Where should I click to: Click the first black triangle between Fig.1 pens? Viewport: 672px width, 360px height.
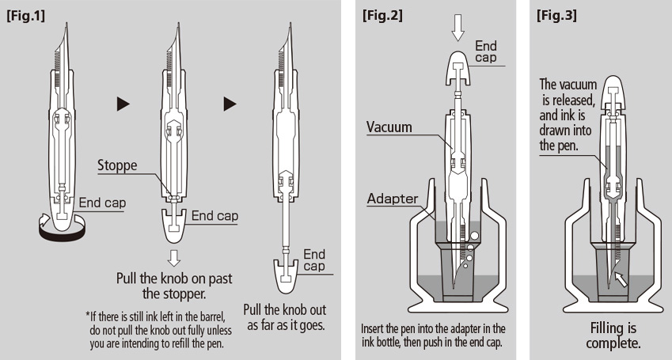click(x=122, y=103)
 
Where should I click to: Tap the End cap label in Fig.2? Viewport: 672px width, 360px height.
click(x=485, y=52)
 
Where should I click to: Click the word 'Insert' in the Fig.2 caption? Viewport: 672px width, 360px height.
click(x=375, y=328)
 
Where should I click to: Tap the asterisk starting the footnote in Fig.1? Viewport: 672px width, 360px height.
click(x=87, y=316)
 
